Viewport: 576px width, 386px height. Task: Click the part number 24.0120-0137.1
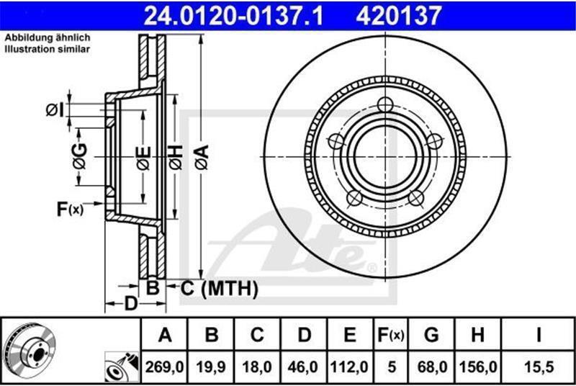click(233, 16)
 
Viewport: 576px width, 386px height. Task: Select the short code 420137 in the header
click(399, 16)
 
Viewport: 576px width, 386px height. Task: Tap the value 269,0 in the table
click(165, 367)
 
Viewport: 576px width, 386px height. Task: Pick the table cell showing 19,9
click(211, 367)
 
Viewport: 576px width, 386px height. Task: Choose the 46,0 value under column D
click(303, 367)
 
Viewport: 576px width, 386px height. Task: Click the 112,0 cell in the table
click(349, 367)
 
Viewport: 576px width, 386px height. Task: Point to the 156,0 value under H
click(478, 367)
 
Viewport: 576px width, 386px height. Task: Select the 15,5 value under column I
click(539, 367)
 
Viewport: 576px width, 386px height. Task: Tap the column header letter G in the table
click(431, 335)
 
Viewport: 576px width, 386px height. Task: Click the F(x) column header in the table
click(391, 335)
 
